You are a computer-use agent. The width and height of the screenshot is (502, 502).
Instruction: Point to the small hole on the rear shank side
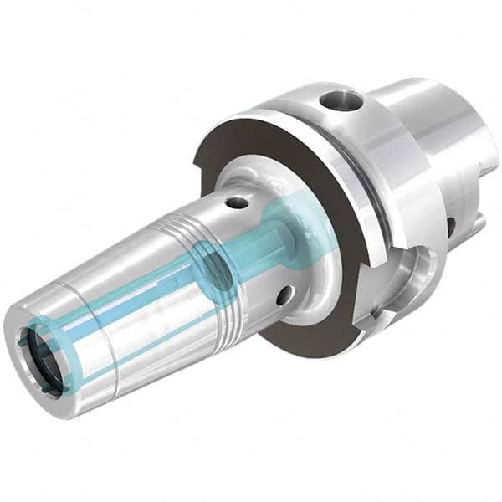point(451,225)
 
